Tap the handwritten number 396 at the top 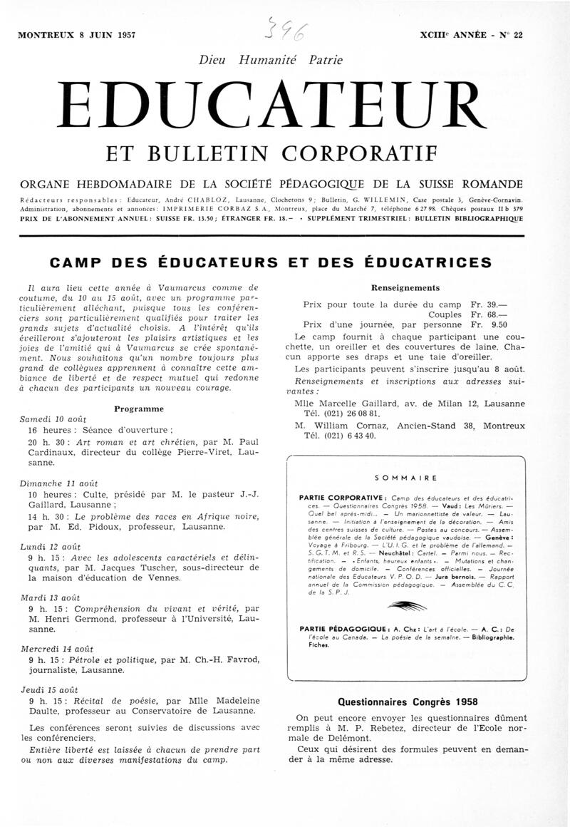click(286, 30)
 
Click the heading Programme click(139, 409)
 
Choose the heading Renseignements click(406, 287)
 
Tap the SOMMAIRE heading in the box click(405, 478)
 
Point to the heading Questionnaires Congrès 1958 click(407, 702)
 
